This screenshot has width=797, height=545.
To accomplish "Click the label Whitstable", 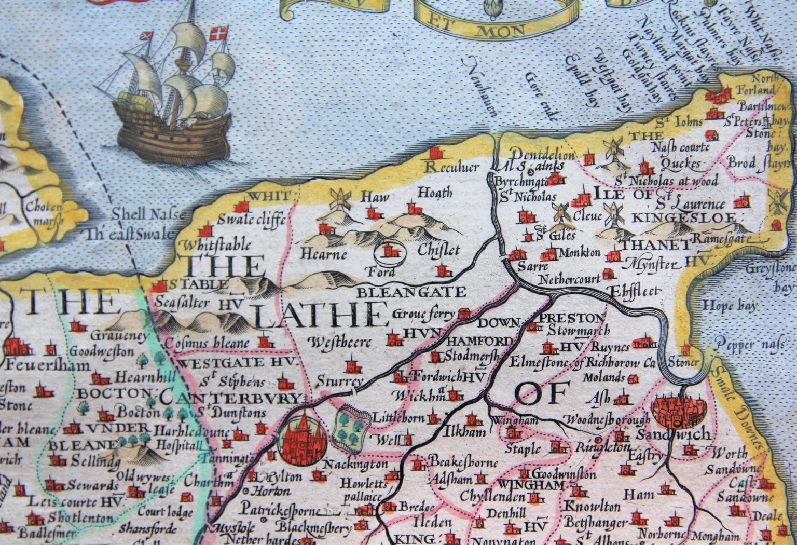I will click(217, 244).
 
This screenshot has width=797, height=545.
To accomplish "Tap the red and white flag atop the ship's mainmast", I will click(218, 34).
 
